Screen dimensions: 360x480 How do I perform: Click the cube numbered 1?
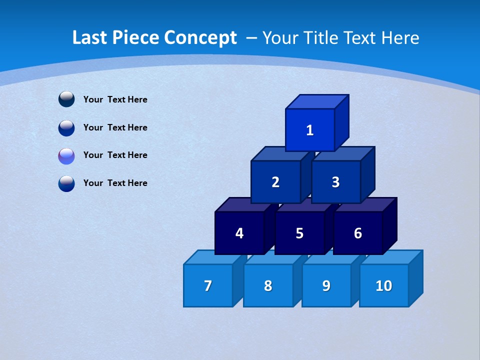coord(310,130)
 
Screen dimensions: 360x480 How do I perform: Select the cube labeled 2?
coord(275,182)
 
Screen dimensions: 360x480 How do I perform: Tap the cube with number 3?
coord(336,182)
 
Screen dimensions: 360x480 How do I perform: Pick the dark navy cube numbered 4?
coord(239,233)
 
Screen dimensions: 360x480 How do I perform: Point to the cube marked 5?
coord(299,233)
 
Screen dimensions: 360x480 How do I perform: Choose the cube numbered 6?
coord(358,233)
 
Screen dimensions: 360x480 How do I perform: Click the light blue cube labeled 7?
coord(208,285)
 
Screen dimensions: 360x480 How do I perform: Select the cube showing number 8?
coord(268,285)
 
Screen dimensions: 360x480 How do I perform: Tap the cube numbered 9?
coord(326,285)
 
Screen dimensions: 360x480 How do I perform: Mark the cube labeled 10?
coord(384,285)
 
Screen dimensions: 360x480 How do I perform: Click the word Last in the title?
coord(90,38)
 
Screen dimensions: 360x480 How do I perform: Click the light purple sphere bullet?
coord(66,156)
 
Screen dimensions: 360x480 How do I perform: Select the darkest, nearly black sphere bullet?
coord(66,99)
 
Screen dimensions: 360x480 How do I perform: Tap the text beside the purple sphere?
coord(115,155)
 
